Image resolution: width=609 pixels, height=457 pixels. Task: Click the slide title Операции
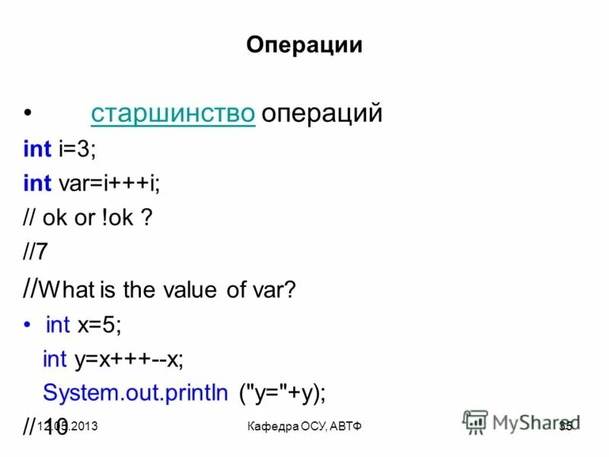pyautogui.click(x=304, y=46)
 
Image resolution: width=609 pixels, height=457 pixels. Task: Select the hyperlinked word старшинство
pyautogui.click(x=172, y=113)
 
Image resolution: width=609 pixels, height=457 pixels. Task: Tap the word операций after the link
pyautogui.click(x=320, y=113)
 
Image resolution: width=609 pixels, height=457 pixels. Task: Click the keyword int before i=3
pyautogui.click(x=37, y=149)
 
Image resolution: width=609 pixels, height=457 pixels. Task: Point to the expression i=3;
pyautogui.click(x=77, y=149)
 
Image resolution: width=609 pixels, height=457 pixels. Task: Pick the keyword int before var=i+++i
pyautogui.click(x=37, y=183)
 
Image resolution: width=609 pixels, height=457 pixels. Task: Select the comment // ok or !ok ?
pyautogui.click(x=88, y=218)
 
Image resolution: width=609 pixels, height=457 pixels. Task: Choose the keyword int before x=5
pyautogui.click(x=58, y=324)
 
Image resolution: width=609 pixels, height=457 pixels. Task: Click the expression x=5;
pyautogui.click(x=99, y=324)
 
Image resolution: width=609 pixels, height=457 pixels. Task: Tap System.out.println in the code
pyautogui.click(x=135, y=393)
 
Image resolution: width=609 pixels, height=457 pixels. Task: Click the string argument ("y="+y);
pyautogui.click(x=282, y=393)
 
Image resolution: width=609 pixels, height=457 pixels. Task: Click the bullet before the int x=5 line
pyautogui.click(x=27, y=323)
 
